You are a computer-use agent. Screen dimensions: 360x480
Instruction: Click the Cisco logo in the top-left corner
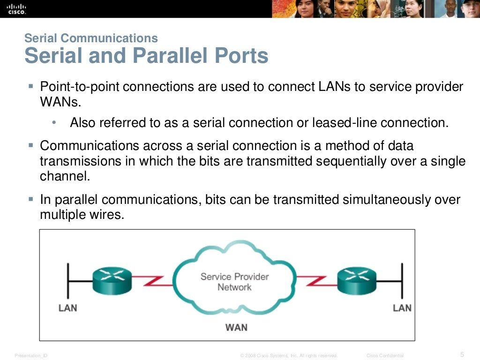[x=17, y=9]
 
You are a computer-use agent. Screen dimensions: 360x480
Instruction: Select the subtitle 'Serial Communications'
[x=91, y=38]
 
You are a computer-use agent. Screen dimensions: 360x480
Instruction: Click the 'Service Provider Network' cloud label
[x=234, y=281]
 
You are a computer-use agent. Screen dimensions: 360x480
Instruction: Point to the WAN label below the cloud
[x=236, y=327]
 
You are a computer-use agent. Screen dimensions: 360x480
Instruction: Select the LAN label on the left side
[x=67, y=308]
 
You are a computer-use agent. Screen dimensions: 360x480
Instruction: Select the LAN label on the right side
[x=402, y=308]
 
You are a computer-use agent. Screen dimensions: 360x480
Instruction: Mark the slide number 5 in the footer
[x=462, y=354]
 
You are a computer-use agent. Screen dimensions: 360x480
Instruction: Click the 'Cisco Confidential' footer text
[x=385, y=356]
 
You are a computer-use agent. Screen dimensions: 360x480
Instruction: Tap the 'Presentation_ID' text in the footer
[x=31, y=356]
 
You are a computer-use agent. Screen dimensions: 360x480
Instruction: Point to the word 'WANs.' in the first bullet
[x=57, y=101]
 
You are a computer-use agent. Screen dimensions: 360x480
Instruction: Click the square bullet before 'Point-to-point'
[x=31, y=86]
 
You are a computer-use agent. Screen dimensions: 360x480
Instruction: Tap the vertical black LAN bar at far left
[x=69, y=280]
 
